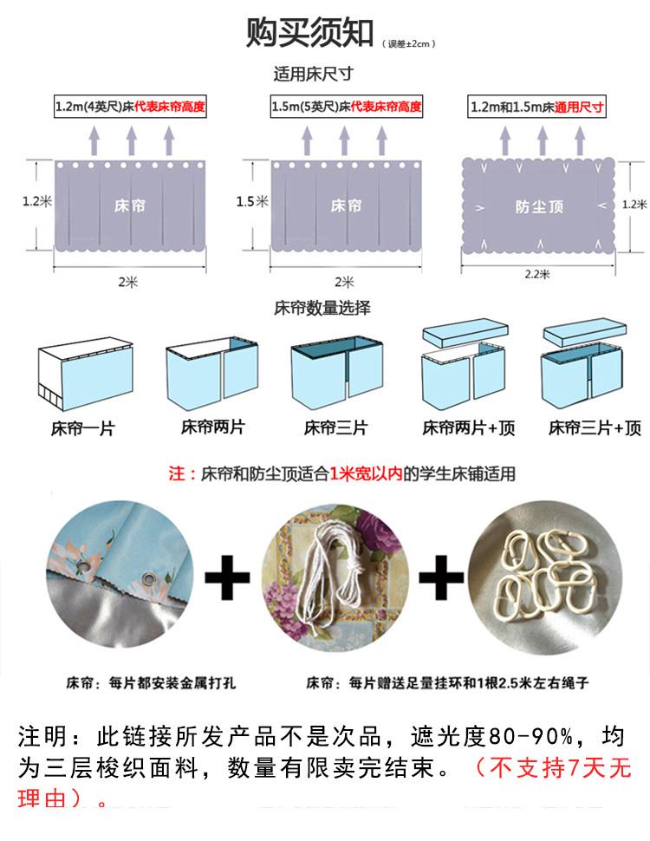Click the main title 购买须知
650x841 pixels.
click(x=309, y=33)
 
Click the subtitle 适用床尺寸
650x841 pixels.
click(x=313, y=75)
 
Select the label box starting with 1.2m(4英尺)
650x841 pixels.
click(x=130, y=108)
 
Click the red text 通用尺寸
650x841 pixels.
click(x=580, y=108)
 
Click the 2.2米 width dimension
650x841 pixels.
click(x=537, y=273)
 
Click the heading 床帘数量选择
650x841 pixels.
click(x=322, y=308)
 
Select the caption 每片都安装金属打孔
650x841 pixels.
click(x=152, y=683)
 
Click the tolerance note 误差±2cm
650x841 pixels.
click(x=411, y=43)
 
